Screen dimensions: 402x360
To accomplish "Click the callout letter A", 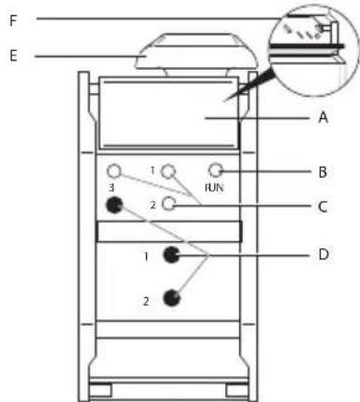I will tap(321, 118).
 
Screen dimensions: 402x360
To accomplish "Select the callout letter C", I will tap(321, 207).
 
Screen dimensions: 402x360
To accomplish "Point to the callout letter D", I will tap(321, 252).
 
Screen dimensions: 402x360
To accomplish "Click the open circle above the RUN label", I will tap(216, 170).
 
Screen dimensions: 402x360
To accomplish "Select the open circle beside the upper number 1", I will tap(169, 170).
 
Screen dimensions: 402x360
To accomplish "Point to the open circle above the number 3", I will tap(114, 171).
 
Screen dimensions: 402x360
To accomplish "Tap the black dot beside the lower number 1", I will tap(170, 255).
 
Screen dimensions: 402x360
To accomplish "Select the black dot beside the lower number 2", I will tap(170, 299).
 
